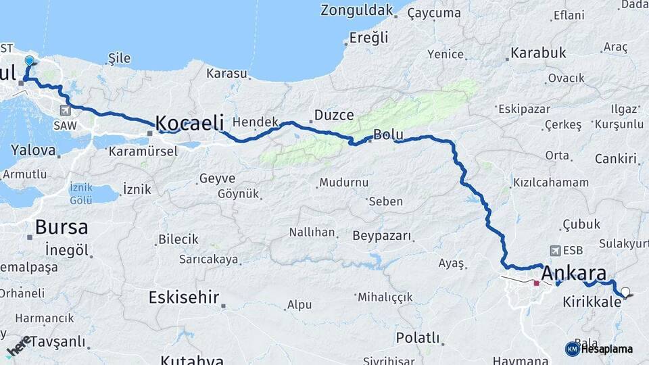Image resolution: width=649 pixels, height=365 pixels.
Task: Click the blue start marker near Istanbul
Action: [29, 62]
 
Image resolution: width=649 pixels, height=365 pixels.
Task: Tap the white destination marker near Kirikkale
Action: [625, 293]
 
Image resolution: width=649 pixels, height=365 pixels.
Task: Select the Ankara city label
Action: [574, 274]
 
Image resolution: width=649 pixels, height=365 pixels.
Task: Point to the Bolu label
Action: [388, 135]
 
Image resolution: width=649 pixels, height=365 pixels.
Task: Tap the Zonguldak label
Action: [356, 10]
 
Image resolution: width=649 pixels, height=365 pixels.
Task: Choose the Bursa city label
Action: [61, 227]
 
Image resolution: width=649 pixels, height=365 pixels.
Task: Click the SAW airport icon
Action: [64, 110]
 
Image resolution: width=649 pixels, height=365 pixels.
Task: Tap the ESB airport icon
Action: [556, 250]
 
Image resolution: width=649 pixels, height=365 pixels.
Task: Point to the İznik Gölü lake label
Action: [80, 193]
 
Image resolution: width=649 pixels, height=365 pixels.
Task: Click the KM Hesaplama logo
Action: [599, 349]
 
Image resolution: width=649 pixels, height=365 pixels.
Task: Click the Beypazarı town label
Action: [381, 236]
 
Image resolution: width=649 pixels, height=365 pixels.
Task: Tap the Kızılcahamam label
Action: [550, 182]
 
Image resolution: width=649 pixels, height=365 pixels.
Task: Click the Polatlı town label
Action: [417, 337]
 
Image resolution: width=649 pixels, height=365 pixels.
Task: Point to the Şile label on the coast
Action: [119, 59]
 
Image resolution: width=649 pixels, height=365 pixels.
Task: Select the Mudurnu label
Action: [343, 182]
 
